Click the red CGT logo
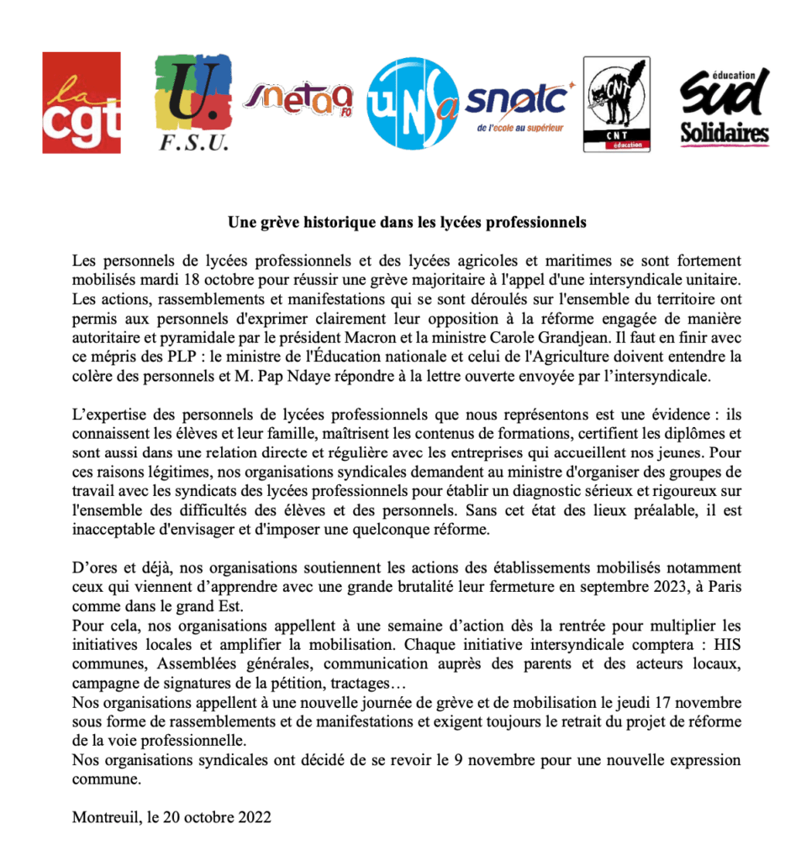click(x=82, y=103)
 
